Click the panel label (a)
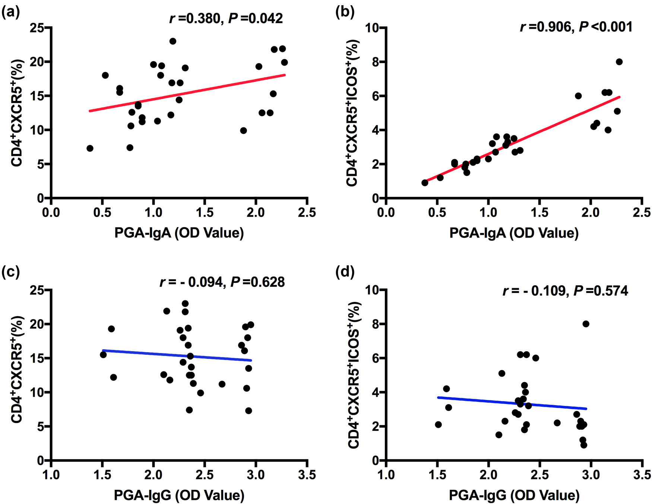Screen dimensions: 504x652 coord(10,13)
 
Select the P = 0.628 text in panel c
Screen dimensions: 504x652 coord(257,282)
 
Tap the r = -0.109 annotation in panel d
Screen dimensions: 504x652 coord(534,291)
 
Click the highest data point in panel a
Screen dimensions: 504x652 coord(173,41)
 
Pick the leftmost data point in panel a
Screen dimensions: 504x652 coord(90,148)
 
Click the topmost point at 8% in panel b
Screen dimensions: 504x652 coord(619,62)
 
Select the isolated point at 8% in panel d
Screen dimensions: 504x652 coord(586,324)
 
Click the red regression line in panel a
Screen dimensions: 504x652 coord(186,93)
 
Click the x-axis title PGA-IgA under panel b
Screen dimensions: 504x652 coord(514,233)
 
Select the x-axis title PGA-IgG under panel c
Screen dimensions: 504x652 coord(179,495)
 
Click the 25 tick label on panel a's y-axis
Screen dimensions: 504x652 coord(38,28)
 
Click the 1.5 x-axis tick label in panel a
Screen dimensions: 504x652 coord(205,213)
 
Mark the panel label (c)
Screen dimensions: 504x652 coord(10,273)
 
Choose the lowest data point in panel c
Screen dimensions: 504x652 coord(249,411)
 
